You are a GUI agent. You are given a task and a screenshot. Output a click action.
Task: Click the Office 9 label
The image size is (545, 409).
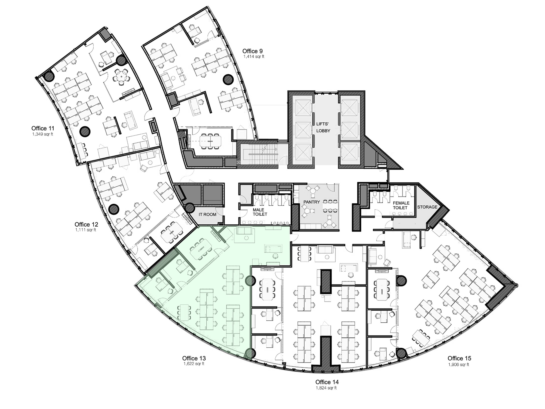point(252,51)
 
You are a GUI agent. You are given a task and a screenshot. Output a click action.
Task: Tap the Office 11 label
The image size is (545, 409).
point(43,128)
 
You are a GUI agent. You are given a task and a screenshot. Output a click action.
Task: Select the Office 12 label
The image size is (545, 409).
point(86,224)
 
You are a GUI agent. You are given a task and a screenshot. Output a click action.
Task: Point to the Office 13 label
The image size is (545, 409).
point(194,358)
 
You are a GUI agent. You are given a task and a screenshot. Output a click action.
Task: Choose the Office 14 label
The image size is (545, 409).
point(327,382)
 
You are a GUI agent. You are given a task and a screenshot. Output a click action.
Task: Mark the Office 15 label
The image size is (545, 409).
point(459,358)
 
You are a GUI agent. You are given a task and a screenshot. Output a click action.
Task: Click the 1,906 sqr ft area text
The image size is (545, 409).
point(459,365)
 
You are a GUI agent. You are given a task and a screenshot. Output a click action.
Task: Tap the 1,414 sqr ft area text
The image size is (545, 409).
point(254,57)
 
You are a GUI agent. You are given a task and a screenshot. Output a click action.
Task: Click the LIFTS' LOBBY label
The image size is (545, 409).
point(323,127)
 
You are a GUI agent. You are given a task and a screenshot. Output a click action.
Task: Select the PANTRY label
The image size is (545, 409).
point(312,202)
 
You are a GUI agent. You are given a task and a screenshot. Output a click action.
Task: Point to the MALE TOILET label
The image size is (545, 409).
point(260,212)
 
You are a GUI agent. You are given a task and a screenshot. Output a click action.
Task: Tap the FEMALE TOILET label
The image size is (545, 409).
point(401,205)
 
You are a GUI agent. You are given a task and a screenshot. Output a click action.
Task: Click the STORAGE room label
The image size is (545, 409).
point(427,207)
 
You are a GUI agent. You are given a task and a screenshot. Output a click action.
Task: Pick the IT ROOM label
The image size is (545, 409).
point(207,214)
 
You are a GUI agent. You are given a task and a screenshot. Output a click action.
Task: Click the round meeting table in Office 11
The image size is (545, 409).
point(121,76)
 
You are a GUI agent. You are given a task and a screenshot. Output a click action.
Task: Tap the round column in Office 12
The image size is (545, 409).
point(114,209)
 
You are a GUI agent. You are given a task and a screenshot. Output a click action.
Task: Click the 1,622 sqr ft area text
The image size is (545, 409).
point(194,364)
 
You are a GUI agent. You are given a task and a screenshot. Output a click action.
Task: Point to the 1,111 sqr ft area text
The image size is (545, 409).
point(86,230)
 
